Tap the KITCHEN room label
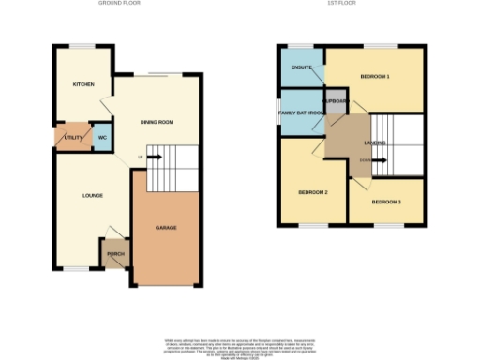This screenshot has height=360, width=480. point(84,84)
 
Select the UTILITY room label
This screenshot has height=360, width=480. point(72,138)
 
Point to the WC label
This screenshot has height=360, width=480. point(102,138)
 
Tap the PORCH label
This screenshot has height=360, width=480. point(115,253)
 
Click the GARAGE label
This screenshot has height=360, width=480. point(166,228)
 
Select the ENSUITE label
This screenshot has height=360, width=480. point(302,67)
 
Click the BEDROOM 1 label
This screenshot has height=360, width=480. point(374,75)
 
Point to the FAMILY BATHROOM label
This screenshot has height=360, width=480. point(302,112)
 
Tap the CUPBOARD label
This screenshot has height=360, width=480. point(336,100)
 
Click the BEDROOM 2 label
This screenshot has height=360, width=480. point(312,191)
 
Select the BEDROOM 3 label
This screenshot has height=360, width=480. point(385,202)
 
